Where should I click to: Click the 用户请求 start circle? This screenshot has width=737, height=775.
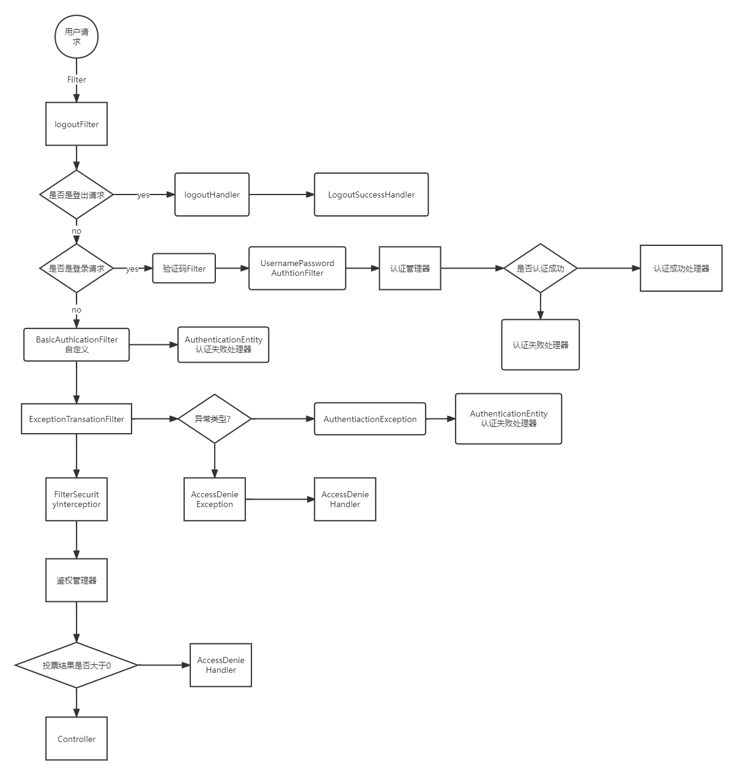click(76, 37)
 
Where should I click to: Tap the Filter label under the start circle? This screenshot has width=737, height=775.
click(76, 80)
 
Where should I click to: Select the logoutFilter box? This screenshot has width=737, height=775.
click(76, 124)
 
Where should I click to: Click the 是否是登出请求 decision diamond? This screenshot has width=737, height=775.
click(76, 195)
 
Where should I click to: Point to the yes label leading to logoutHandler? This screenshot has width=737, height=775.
click(143, 195)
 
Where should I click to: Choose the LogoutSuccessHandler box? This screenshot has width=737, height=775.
click(371, 195)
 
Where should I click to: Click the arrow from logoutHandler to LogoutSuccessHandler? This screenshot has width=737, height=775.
click(281, 195)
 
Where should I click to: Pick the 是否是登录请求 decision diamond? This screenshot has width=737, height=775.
click(76, 269)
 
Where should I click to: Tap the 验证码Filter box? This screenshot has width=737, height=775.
click(184, 269)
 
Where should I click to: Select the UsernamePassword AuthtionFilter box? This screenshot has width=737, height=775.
click(297, 269)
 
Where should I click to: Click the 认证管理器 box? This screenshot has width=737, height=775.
click(410, 269)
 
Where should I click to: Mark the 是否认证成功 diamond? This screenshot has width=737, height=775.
click(540, 269)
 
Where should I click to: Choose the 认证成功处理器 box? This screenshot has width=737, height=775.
click(681, 269)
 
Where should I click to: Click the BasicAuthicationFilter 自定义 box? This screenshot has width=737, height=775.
click(76, 344)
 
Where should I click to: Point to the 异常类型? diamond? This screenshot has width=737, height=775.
click(214, 419)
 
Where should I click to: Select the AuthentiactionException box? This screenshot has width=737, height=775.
click(370, 419)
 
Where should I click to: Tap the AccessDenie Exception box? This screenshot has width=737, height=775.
click(215, 499)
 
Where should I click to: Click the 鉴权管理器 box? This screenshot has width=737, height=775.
click(76, 580)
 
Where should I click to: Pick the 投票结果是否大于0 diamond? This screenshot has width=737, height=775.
click(76, 666)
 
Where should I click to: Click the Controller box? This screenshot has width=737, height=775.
click(76, 739)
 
